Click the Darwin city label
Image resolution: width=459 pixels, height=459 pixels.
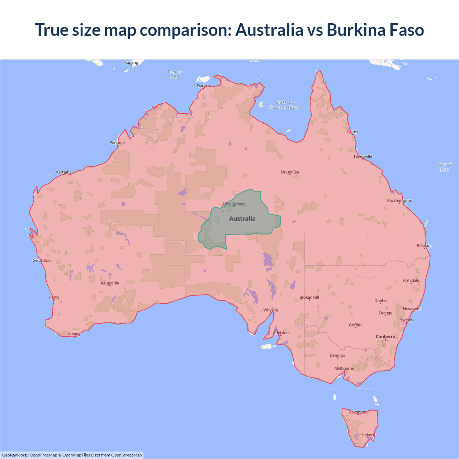(203, 86)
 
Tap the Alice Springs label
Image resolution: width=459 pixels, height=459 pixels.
(234, 204)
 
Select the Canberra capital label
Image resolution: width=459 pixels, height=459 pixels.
(385, 337)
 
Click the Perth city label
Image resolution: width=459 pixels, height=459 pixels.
(54, 297)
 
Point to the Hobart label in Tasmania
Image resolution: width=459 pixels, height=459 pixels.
(368, 435)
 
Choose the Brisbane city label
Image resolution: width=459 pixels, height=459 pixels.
(425, 246)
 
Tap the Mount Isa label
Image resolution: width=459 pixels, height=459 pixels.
(290, 172)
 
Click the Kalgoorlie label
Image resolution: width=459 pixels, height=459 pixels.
(110, 283)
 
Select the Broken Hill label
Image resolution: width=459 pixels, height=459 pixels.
(309, 298)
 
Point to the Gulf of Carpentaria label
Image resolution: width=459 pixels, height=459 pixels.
(285, 105)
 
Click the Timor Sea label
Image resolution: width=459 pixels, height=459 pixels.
(175, 75)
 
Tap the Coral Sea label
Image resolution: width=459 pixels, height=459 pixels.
(444, 167)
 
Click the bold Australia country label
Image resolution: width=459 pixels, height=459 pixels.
(242, 219)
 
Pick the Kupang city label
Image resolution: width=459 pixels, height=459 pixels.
(131, 62)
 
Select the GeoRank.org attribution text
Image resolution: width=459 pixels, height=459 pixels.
(14, 455)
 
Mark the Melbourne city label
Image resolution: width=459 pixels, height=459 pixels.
(344, 369)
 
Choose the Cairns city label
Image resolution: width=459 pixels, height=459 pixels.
(352, 132)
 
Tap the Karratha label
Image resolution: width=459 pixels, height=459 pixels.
(64, 172)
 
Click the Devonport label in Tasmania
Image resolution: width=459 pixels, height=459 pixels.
(358, 412)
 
